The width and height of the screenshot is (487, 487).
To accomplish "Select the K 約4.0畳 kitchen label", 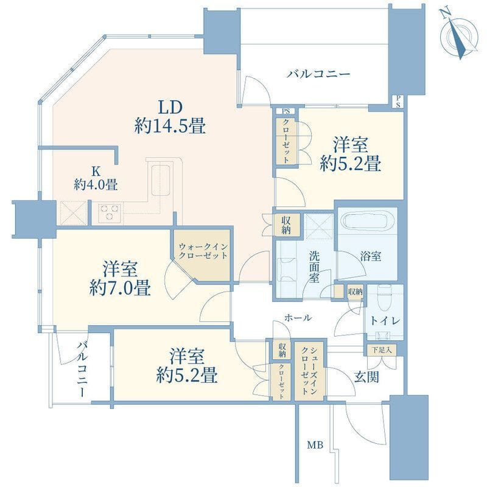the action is point(96,178).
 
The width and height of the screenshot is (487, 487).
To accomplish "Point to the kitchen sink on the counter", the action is point(160,180).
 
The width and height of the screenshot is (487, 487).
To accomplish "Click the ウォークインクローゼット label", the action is point(203,251).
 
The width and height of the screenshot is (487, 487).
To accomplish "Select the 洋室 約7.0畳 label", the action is point(120,278).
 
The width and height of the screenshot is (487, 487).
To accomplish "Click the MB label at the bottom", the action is point(315,445).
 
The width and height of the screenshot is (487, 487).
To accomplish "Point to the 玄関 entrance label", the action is point(366,377).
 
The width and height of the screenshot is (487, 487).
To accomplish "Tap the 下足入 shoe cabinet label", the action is point(382,350).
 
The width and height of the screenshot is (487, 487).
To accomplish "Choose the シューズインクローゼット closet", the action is point(309,371).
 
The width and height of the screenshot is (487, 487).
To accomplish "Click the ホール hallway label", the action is point(298,317).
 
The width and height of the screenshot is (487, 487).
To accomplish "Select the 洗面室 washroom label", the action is point(314,267).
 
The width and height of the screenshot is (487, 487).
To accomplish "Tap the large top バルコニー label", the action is point(318,74).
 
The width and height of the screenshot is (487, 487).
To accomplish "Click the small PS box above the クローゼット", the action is point(286,111).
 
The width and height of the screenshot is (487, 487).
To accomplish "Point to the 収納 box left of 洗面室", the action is point(286,225).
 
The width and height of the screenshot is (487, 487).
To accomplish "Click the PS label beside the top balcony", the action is point(398,102).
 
